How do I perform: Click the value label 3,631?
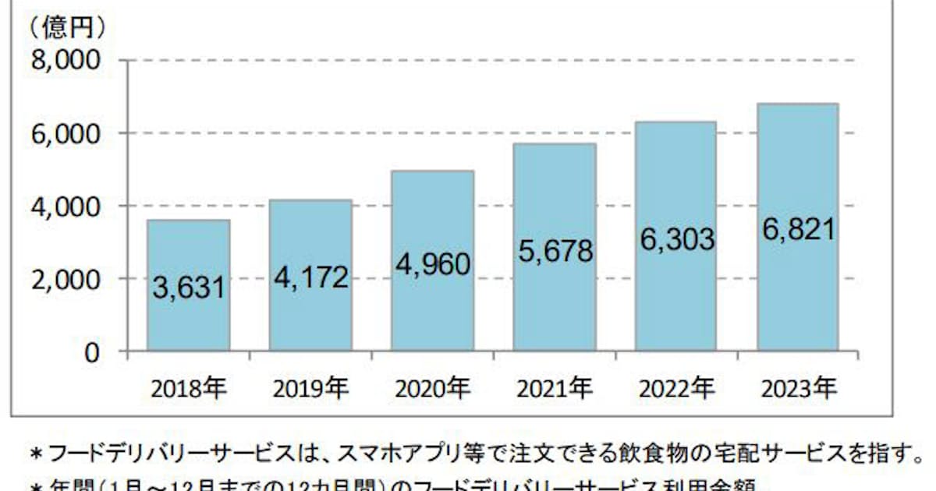point(189,288)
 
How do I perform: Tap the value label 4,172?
point(310,277)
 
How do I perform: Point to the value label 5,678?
point(555,251)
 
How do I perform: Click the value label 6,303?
point(676,239)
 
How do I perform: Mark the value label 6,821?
point(798,229)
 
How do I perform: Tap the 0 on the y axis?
point(93,352)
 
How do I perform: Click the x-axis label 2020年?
point(433,387)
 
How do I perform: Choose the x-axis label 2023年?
point(798,387)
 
